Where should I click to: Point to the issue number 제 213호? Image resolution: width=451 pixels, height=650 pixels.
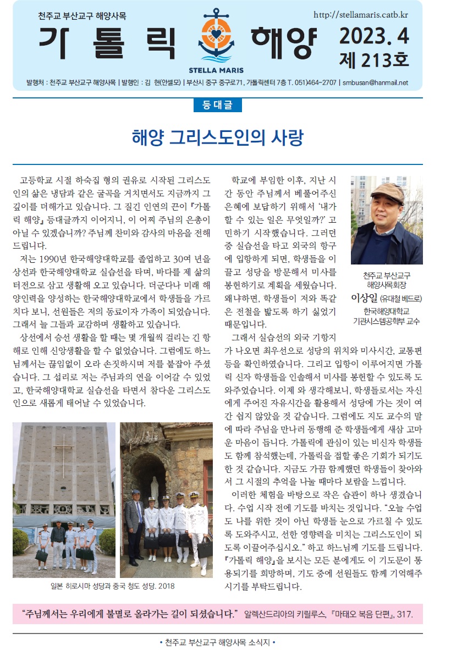point(374,59)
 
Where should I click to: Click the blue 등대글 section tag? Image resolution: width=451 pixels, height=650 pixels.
point(217,105)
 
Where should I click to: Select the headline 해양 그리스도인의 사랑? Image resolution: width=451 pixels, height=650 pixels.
point(217,137)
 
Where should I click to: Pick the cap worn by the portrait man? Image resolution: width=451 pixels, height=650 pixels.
point(387,190)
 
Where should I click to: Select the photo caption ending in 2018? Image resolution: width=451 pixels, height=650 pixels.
point(112,586)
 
